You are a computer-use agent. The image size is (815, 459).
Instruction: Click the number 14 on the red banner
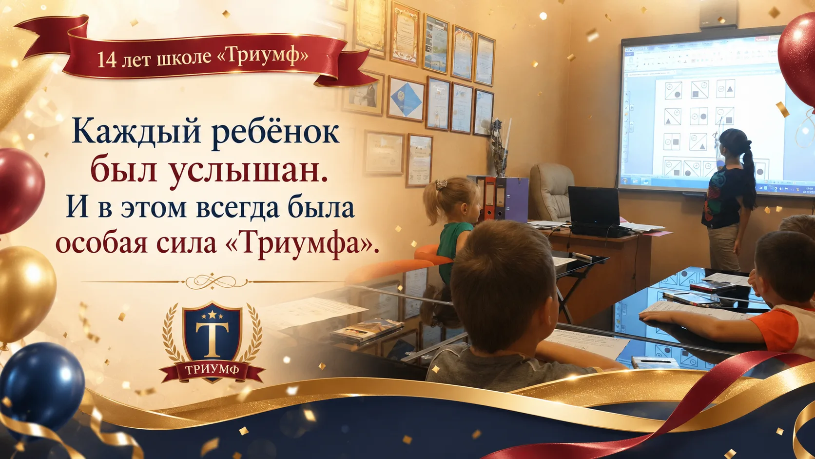[x=107, y=60]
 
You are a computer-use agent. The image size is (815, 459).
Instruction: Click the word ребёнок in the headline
[x=275, y=131]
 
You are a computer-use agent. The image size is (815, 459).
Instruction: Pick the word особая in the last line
[x=101, y=244]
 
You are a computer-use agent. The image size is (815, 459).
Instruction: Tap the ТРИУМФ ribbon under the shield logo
[x=212, y=370]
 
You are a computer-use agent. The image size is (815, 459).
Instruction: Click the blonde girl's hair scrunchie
[x=441, y=184]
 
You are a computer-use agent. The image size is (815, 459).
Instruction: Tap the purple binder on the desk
[x=514, y=199]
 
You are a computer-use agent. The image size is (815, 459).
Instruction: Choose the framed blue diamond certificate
[x=406, y=98]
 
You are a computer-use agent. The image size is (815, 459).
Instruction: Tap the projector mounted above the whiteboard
[x=718, y=15]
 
